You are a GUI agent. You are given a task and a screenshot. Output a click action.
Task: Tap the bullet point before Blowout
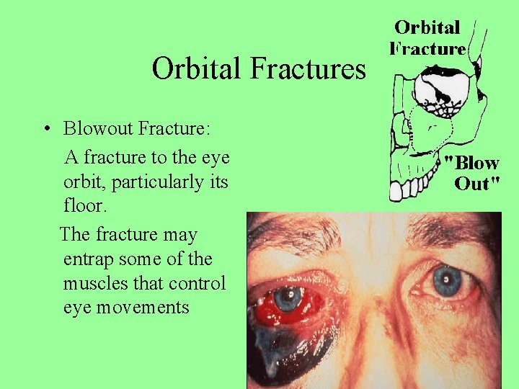(45, 130)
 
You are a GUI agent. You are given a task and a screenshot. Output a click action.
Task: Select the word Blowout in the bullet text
(97, 129)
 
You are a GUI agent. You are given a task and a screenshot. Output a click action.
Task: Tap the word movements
(147, 308)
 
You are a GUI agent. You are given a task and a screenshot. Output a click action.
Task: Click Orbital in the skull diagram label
(427, 28)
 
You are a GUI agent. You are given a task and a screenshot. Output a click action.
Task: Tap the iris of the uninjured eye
(448, 278)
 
